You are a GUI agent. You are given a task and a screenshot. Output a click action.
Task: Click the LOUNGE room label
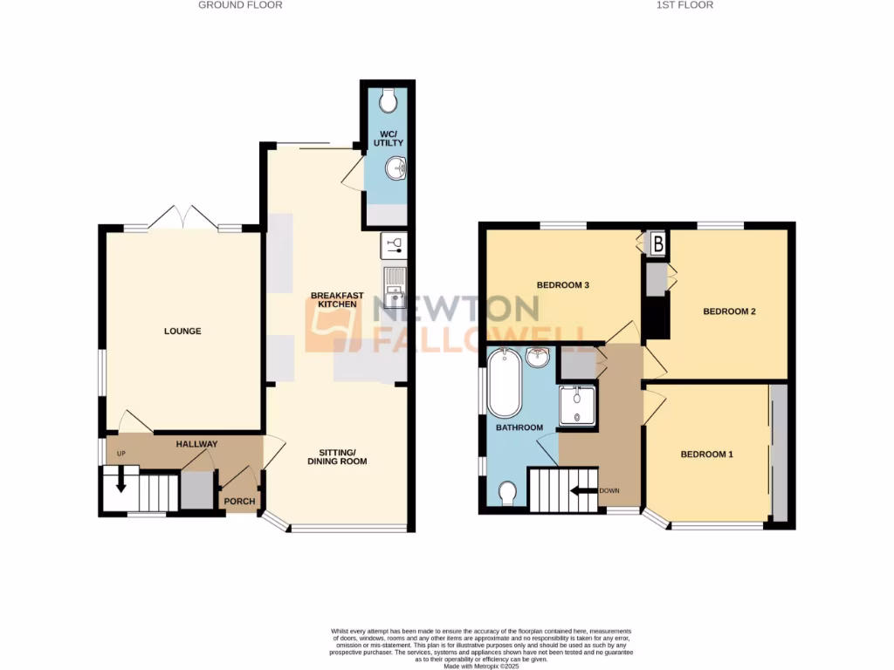point(182,331)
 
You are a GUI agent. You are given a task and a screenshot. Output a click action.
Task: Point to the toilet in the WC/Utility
point(389,98)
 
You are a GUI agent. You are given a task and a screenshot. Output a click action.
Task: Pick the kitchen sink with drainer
point(395,289)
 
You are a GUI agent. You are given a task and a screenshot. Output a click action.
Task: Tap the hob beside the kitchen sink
point(394,245)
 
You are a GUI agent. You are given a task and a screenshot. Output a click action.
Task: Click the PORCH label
point(238,502)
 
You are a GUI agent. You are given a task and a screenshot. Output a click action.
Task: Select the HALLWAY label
point(196,444)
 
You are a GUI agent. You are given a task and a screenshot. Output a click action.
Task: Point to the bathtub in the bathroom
point(504,383)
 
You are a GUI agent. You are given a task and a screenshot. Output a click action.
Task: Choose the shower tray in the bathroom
point(577,406)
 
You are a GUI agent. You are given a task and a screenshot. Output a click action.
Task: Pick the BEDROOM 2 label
point(729,311)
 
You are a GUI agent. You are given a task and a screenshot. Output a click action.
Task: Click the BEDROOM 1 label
point(707,454)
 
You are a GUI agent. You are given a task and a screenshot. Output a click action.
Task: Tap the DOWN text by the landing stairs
point(609,490)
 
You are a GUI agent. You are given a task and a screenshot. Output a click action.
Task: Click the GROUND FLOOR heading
point(240,5)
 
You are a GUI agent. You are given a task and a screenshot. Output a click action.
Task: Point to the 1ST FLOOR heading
point(684,5)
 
